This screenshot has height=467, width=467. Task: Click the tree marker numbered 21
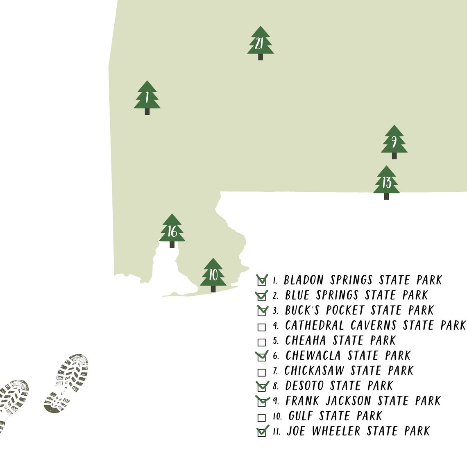pos(260,43)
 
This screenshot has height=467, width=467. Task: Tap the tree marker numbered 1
pos(147,97)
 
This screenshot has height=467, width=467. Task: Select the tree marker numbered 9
pos(394,141)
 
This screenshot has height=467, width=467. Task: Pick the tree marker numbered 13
pos(386,182)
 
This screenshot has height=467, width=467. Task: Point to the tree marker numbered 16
pos(172,230)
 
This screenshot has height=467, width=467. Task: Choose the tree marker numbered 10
pos(213,274)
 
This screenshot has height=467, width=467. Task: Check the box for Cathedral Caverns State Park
pos(261,327)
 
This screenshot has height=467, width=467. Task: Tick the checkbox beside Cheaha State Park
pos(261,342)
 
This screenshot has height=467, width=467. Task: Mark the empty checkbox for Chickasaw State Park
pos(261,372)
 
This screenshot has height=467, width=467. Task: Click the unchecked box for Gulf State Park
pos(261,418)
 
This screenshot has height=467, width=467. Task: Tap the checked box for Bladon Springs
pos(261,281)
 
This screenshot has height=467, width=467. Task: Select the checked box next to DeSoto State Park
pos(261,387)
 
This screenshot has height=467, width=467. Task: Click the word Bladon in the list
pos(304,280)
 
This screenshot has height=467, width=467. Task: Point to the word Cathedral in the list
pos(315,326)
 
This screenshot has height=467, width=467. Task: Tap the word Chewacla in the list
pos(313,356)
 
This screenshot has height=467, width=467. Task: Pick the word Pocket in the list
pos(345,311)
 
